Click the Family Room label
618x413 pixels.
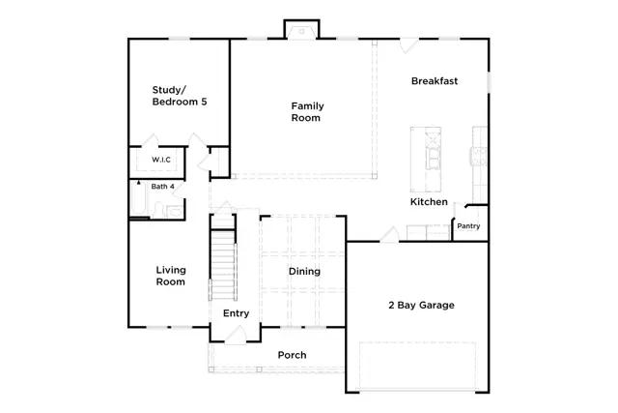pyautogui.click(x=307, y=112)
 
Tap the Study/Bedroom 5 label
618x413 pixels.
pyautogui.click(x=180, y=96)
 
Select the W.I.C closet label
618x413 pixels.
pyautogui.click(x=161, y=160)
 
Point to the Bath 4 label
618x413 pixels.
pyautogui.click(x=163, y=187)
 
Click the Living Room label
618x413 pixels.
pyautogui.click(x=171, y=276)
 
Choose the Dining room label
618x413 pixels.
pyautogui.click(x=304, y=271)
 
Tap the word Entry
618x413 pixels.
pyautogui.click(x=236, y=313)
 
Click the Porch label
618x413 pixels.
pyautogui.click(x=292, y=355)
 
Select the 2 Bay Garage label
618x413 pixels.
pyautogui.click(x=421, y=305)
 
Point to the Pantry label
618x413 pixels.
pyautogui.click(x=468, y=226)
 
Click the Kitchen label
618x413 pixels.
pyautogui.click(x=429, y=202)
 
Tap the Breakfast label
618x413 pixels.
pyautogui.click(x=435, y=81)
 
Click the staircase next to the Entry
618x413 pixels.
pyautogui.click(x=223, y=265)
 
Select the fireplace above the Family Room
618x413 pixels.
pyautogui.click(x=302, y=29)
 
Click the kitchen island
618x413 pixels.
pyautogui.click(x=426, y=160)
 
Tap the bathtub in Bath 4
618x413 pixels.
pyautogui.click(x=138, y=198)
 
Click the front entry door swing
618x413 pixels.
pyautogui.click(x=236, y=335)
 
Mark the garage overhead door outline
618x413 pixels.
pyautogui.click(x=418, y=366)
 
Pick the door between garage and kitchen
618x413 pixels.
pyautogui.click(x=390, y=234)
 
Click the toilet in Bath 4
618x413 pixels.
pyautogui.click(x=158, y=210)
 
